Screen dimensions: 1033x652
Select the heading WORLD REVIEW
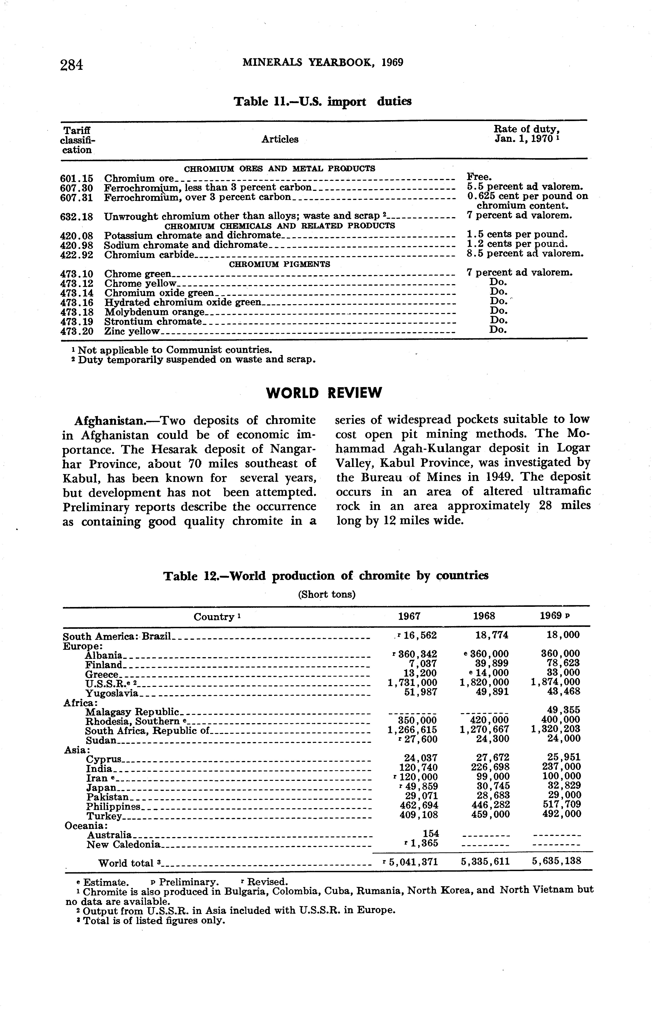(324, 393)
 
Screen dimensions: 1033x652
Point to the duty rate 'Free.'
(479, 177)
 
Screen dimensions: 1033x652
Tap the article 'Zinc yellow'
(132, 332)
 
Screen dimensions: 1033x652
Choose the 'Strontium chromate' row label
(153, 322)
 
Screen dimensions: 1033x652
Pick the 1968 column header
(484, 616)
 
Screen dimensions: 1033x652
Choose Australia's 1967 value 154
(431, 833)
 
